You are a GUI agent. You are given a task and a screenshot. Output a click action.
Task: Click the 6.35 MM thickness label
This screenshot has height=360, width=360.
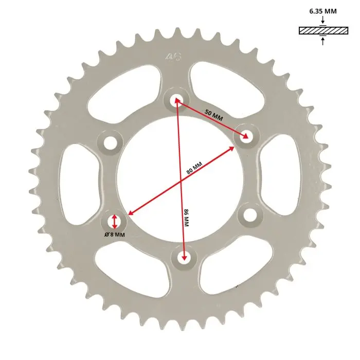[x=323, y=11]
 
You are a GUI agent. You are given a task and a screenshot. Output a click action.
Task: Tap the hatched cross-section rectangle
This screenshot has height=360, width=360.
[x=323, y=30]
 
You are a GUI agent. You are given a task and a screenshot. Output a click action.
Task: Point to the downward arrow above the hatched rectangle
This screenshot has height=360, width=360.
[x=323, y=20]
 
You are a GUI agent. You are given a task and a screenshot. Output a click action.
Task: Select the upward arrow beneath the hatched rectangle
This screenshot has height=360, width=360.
[x=323, y=41]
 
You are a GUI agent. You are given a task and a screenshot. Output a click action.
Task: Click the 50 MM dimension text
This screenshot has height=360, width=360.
[x=213, y=115]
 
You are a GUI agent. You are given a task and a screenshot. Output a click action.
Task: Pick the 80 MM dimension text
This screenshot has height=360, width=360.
[x=194, y=168]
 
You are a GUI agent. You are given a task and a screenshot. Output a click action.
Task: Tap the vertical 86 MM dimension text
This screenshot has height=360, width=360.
[x=186, y=218]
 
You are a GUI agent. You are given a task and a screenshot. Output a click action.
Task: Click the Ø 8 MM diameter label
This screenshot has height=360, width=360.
[x=115, y=235]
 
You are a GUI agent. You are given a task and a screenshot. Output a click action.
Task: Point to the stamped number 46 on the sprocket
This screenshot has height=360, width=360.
[x=174, y=57]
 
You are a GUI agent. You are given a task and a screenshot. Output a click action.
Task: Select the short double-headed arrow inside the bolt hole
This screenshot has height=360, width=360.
[x=115, y=222]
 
